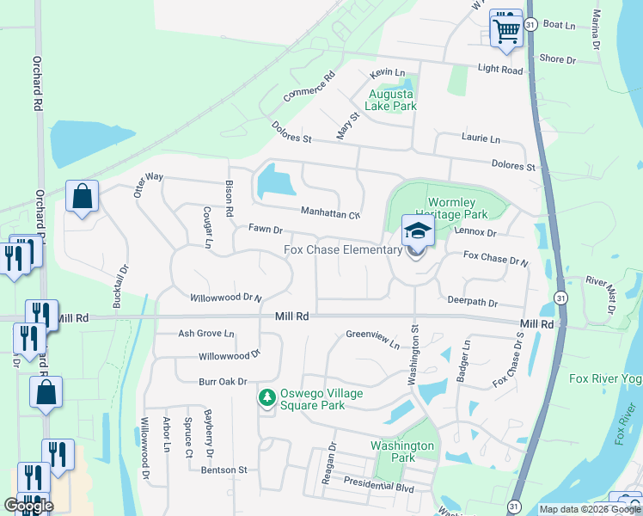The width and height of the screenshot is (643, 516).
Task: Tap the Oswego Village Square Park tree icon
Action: coord(266,397)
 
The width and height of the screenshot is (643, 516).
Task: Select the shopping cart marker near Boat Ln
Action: coord(506,30)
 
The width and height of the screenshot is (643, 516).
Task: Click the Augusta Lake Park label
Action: coord(391,100)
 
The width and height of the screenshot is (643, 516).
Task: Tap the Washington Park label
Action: coord(402,451)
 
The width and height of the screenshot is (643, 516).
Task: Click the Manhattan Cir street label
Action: coord(330,212)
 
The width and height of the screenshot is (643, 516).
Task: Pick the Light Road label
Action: coord(500,70)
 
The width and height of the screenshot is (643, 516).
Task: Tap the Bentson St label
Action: coord(224,470)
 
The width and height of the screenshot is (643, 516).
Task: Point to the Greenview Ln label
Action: coord(373,339)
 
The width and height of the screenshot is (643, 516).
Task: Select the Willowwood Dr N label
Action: coord(225,298)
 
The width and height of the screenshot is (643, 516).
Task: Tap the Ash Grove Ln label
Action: coord(205,333)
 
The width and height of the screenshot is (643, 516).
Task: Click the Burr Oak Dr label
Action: coord(223,381)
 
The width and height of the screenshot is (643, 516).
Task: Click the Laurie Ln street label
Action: coord(480,138)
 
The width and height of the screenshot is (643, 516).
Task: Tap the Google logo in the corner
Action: coord(28,506)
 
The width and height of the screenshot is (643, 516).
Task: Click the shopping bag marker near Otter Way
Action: coord(83,197)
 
